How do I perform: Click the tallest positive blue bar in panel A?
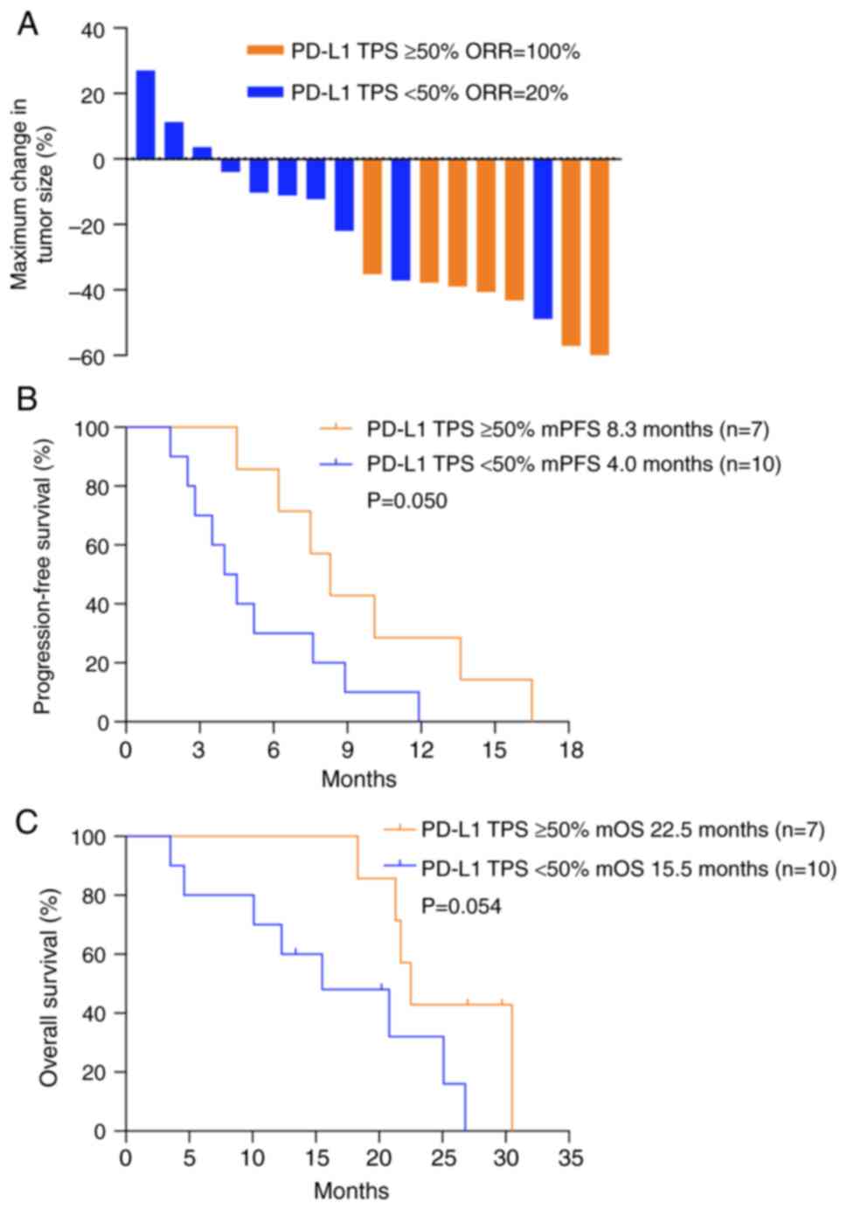tap(145, 114)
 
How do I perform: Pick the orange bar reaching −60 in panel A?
tap(599, 257)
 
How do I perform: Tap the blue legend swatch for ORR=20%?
tap(265, 92)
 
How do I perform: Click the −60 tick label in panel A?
tap(87, 356)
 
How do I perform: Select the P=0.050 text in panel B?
tap(406, 501)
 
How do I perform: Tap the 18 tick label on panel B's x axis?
tap(569, 751)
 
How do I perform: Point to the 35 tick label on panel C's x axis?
tap(569, 1158)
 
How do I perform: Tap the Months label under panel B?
tap(358, 778)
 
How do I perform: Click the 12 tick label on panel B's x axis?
tap(421, 751)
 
